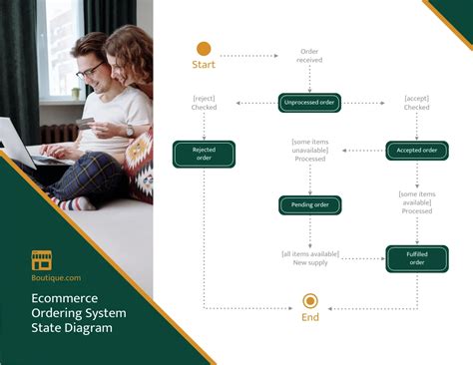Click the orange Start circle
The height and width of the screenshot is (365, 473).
click(x=204, y=48)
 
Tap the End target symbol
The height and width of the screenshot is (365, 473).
click(x=310, y=300)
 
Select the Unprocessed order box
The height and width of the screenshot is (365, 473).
click(x=309, y=103)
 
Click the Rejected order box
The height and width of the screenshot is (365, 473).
click(x=204, y=154)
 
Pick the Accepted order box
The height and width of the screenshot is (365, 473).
click(x=417, y=151)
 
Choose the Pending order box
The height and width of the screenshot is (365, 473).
click(x=309, y=205)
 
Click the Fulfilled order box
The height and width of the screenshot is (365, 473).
click(x=417, y=258)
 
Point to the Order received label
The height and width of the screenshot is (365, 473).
click(x=309, y=56)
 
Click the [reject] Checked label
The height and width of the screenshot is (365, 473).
click(x=204, y=103)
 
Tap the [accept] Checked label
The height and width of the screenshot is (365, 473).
click(x=417, y=103)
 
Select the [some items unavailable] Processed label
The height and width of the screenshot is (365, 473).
click(x=309, y=151)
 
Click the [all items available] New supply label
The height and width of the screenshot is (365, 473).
click(x=309, y=258)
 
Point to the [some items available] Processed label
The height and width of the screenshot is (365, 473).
click(x=417, y=202)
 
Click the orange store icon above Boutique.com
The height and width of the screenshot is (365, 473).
click(x=42, y=259)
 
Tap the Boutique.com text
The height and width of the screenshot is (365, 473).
click(x=56, y=278)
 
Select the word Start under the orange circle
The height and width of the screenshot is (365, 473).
click(x=204, y=66)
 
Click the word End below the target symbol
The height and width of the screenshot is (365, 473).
click(x=310, y=319)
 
